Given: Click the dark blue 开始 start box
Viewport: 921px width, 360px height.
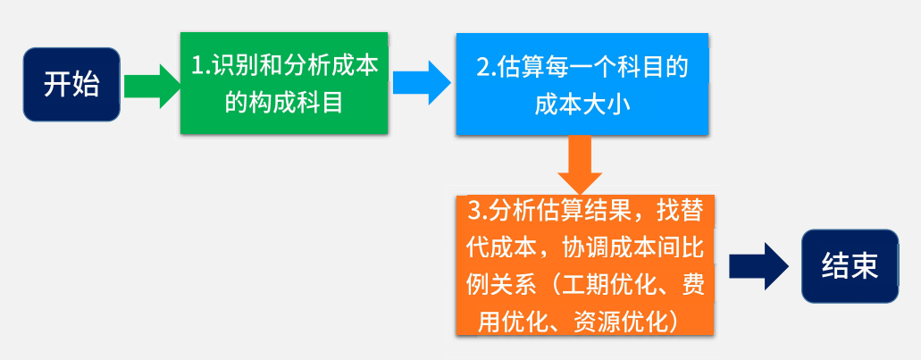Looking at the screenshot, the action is tap(71, 85).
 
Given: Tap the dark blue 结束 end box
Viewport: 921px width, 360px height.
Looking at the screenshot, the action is tap(850, 266).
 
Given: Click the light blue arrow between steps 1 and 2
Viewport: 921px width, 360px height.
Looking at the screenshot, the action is tap(422, 83).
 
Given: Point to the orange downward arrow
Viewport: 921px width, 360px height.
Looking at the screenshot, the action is tap(581, 165).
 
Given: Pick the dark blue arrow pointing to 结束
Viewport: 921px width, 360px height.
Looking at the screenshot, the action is tap(758, 266).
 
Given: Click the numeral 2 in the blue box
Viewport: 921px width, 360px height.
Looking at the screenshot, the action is tap(482, 68).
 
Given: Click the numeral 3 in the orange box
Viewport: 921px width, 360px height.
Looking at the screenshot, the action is tap(474, 212).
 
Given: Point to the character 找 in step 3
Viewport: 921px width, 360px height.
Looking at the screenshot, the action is tap(669, 212).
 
